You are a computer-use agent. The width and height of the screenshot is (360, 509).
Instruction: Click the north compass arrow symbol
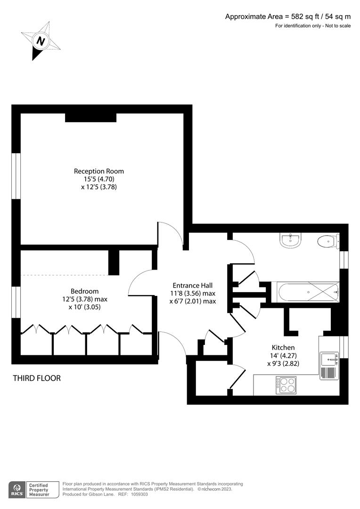(41, 41)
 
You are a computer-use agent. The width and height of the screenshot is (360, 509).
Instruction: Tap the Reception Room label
(99, 171)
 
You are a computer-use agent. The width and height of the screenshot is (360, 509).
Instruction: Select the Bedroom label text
(85, 291)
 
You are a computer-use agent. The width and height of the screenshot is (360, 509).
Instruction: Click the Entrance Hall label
(193, 285)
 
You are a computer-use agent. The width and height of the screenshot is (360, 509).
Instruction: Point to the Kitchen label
(283, 347)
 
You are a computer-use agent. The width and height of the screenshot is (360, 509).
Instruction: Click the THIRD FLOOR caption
(37, 378)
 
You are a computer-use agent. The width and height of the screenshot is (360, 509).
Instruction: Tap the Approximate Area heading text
(288, 16)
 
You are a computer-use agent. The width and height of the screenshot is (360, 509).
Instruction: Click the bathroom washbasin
(290, 240)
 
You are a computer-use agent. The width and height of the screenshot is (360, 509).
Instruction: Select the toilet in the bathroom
(327, 241)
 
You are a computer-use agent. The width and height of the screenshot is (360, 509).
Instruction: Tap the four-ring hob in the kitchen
(286, 385)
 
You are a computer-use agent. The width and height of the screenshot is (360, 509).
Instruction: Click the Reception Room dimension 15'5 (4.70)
(99, 179)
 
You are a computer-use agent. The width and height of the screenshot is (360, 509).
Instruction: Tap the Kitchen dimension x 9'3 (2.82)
(283, 363)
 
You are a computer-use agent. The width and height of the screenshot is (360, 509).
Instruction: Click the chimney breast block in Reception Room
(90, 117)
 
